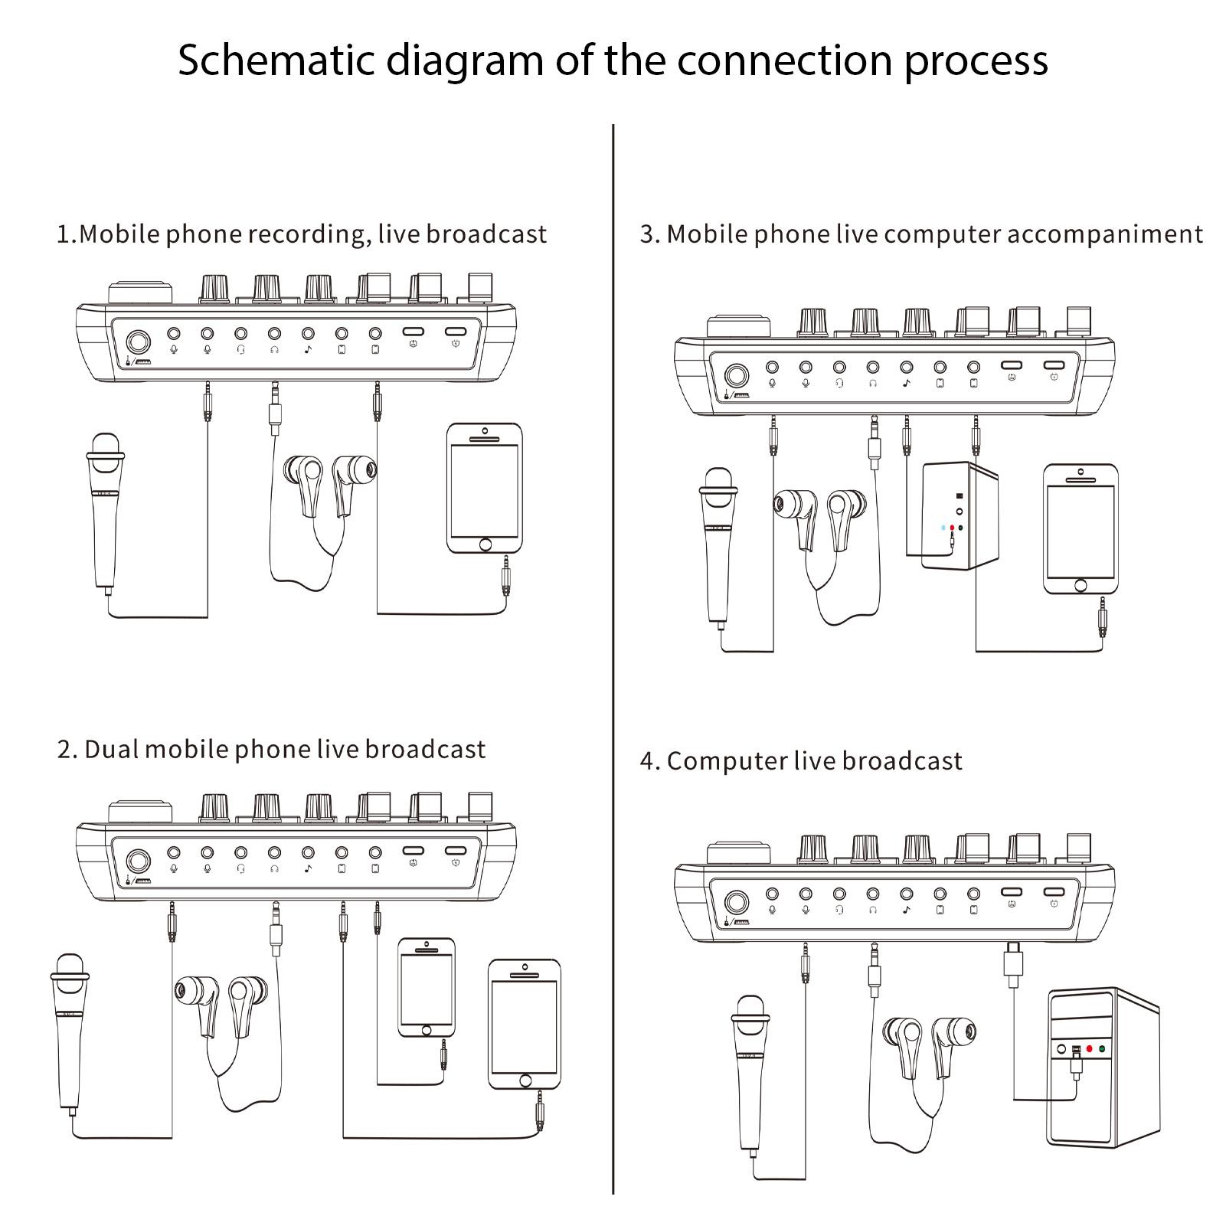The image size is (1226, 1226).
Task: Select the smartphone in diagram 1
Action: (x=485, y=489)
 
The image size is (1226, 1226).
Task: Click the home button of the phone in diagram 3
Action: (x=1081, y=585)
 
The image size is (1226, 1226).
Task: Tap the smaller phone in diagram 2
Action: (x=426, y=988)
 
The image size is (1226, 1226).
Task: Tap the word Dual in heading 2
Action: (x=110, y=750)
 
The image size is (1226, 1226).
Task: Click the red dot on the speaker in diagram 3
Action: (x=952, y=528)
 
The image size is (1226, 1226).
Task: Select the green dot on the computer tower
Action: (x=1101, y=1049)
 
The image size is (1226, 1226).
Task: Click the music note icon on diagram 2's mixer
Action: (x=308, y=869)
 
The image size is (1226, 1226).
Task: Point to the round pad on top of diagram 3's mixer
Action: (x=737, y=326)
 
